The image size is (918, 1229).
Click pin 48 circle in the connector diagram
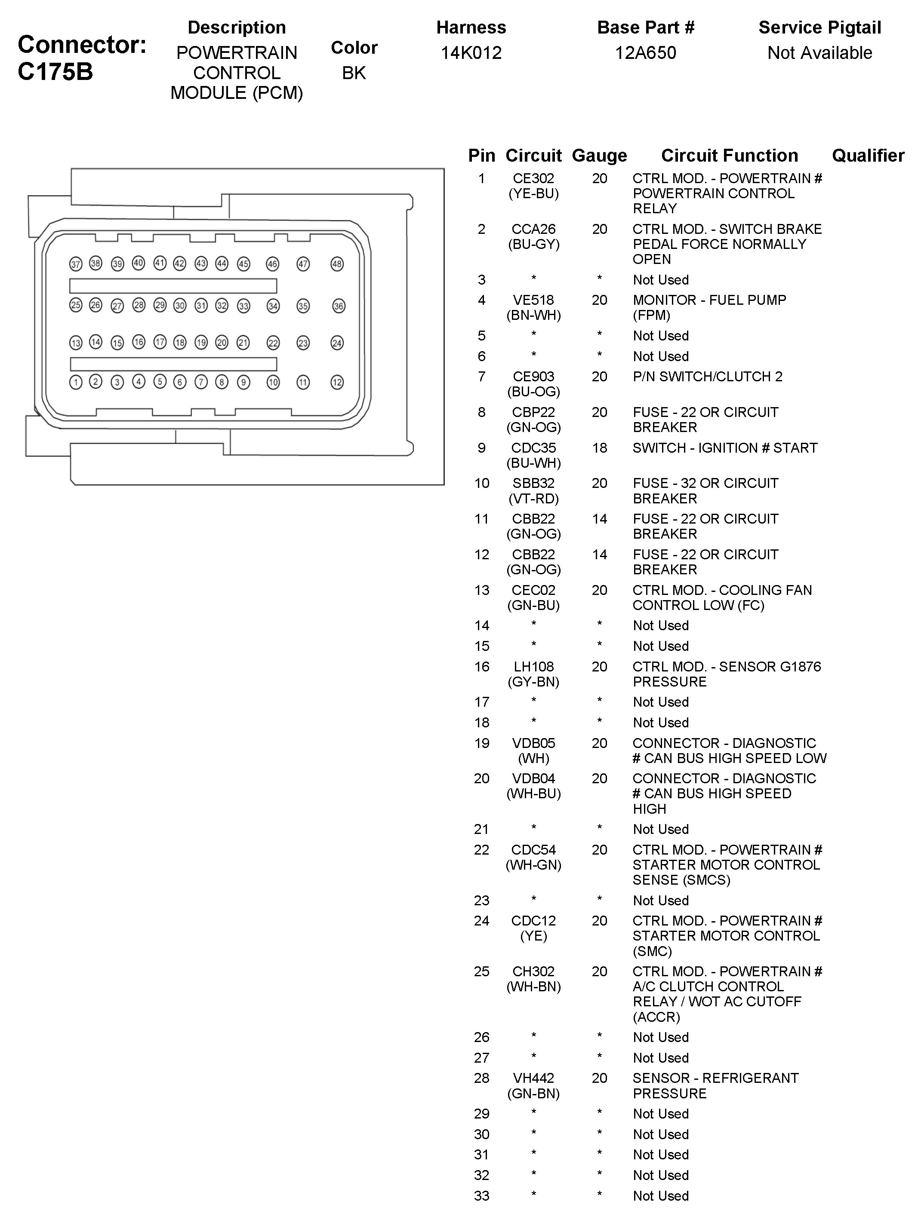[x=337, y=264]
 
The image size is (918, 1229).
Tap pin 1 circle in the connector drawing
[x=76, y=382]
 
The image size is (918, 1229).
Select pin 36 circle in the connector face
[x=339, y=306]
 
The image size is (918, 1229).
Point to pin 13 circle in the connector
[x=76, y=343]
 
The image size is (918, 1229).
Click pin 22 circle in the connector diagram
[x=273, y=343]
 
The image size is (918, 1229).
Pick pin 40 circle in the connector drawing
[x=139, y=263]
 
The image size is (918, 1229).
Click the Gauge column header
[x=599, y=156]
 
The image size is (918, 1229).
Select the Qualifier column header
[x=867, y=156]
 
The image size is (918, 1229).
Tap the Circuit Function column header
[x=729, y=156]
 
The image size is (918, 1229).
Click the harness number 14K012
[x=471, y=53]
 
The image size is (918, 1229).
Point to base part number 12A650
[x=645, y=53]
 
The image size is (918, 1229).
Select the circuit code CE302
[x=533, y=178]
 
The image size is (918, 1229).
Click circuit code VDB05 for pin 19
[x=533, y=743]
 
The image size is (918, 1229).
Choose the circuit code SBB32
[x=533, y=483]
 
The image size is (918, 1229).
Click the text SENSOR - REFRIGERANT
[x=715, y=1078]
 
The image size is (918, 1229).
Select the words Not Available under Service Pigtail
[x=819, y=53]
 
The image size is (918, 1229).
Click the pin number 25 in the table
[x=481, y=972]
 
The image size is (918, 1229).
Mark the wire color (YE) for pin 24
[x=533, y=936]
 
